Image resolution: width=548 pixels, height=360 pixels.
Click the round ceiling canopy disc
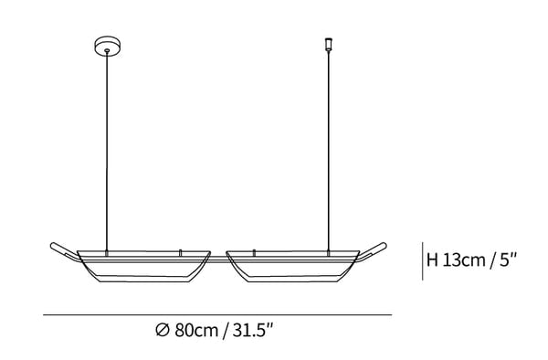click(x=108, y=46)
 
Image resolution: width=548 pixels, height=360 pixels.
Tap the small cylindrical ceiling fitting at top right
click(x=328, y=44)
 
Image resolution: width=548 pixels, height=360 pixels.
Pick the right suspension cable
click(x=329, y=151)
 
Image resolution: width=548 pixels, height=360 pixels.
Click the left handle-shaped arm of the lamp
click(x=65, y=251)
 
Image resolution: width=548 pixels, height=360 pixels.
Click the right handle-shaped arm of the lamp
click(x=373, y=251)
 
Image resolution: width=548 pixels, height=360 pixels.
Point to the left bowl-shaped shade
click(x=143, y=266)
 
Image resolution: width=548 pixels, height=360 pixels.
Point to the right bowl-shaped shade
click(x=293, y=266)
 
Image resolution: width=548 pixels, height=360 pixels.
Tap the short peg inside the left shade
click(x=180, y=253)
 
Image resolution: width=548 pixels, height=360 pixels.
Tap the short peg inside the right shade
click(x=254, y=253)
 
